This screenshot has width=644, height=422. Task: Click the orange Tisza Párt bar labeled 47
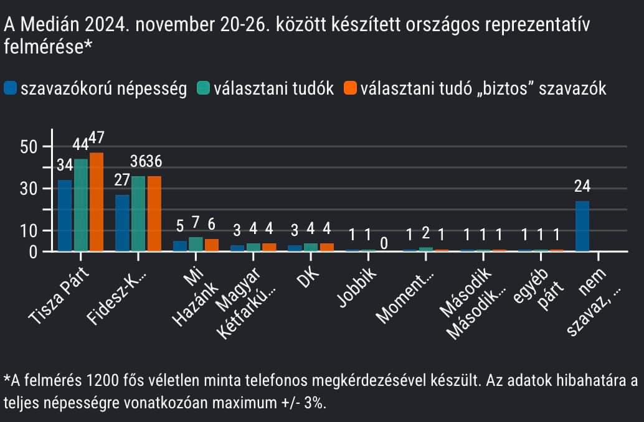[x=97, y=202]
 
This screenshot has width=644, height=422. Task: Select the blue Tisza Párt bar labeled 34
[x=65, y=215]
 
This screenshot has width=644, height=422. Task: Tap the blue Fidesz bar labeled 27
[x=122, y=223]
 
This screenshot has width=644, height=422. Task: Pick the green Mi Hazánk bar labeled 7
[x=196, y=244]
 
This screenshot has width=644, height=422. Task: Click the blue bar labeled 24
[x=582, y=226]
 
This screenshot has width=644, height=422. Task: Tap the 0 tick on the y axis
[x=36, y=252]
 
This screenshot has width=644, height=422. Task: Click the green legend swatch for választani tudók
[x=203, y=88]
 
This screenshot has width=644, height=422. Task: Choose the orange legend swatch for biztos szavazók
[x=350, y=88]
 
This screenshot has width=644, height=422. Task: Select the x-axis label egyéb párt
[x=538, y=289]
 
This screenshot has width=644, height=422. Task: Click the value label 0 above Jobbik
[x=384, y=243]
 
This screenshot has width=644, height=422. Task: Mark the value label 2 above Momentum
[x=425, y=234]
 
